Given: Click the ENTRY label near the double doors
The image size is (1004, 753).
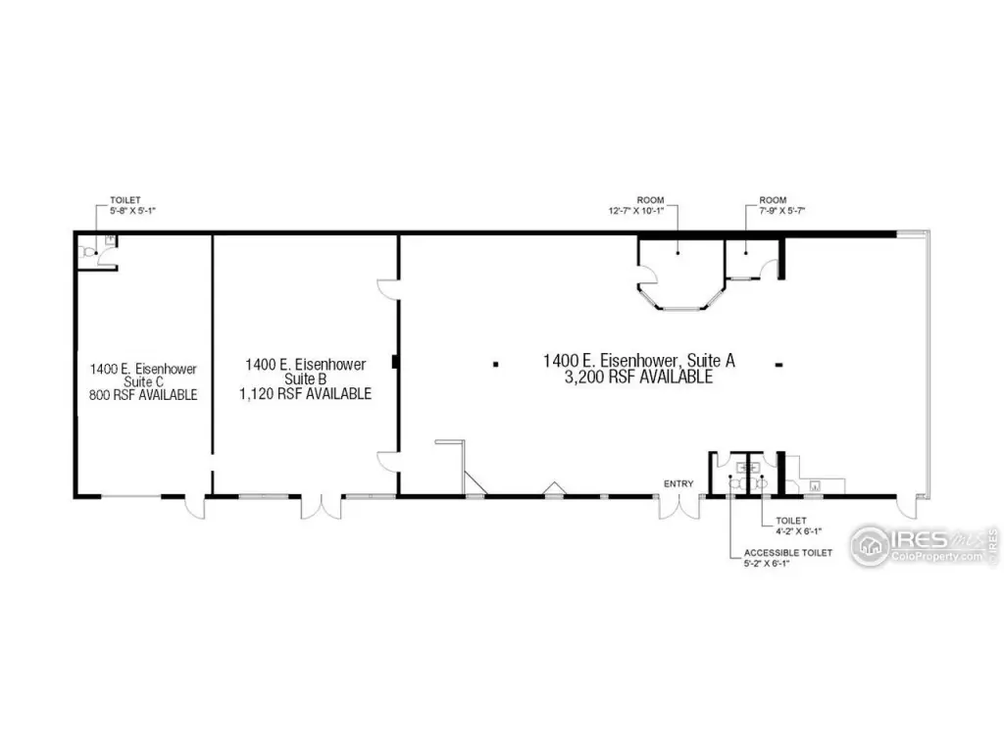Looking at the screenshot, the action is coord(678,484).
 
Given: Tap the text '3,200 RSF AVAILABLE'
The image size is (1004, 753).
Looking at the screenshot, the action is coord(638,377).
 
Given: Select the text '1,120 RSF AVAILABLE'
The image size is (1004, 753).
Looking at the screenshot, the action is coord(306,394).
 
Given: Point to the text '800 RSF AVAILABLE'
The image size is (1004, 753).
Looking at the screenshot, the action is coord(143,395).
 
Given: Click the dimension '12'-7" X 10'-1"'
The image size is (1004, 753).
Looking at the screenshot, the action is coord(635,210).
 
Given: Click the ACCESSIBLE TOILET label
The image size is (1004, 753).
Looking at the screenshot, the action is coord(787,553).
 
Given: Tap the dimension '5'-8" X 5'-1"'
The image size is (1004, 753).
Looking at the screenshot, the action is coord(132,210).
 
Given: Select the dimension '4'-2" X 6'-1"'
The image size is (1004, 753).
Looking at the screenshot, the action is coord(798,530).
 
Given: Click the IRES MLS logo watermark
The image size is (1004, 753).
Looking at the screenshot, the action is coord(924,546).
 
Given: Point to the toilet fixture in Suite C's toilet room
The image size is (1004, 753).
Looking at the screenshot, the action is coord(86,252).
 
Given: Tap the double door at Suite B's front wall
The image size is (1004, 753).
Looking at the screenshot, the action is coord(322,507).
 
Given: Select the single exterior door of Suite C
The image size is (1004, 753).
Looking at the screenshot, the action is coord(195,507).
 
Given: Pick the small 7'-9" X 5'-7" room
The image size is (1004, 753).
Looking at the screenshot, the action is coord(751,259).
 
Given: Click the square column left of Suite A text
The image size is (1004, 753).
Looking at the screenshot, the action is coord(495,365).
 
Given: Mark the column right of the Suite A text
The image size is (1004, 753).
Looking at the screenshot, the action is coord(779,365).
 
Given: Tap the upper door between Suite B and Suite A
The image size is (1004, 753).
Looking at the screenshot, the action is coord(388,289).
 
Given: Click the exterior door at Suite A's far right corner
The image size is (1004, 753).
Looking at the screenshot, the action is coord(907,507).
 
